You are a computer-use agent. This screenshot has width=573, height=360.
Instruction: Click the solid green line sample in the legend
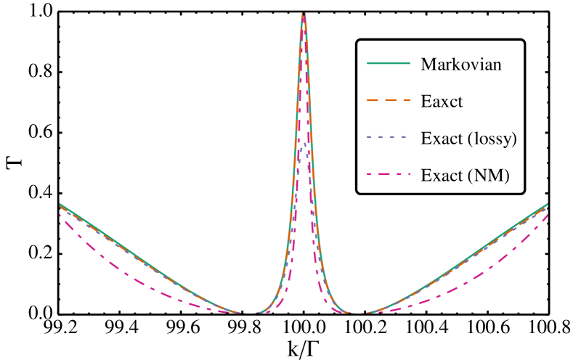(x=388, y=63)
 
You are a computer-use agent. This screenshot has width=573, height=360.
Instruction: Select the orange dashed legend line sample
(x=388, y=99)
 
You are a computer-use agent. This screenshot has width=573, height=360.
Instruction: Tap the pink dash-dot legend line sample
(x=388, y=173)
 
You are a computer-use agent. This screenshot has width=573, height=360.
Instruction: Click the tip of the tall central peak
(x=304, y=13)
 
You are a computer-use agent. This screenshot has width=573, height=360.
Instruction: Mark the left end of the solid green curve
(x=60, y=203)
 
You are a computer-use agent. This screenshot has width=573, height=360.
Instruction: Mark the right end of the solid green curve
(x=547, y=203)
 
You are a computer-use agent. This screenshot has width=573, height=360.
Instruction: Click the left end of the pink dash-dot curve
(x=60, y=214)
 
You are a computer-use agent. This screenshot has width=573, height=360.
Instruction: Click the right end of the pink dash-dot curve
(x=547, y=214)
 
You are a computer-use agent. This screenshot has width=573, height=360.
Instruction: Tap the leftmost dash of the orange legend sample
(x=371, y=99)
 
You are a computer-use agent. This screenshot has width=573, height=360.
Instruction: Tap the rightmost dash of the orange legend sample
(x=405, y=99)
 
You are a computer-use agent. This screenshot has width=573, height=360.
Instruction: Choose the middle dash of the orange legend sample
(x=388, y=99)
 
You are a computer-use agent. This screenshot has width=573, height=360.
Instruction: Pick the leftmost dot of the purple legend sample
(x=368, y=136)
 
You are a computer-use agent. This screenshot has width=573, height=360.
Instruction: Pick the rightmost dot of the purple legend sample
(x=403, y=136)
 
